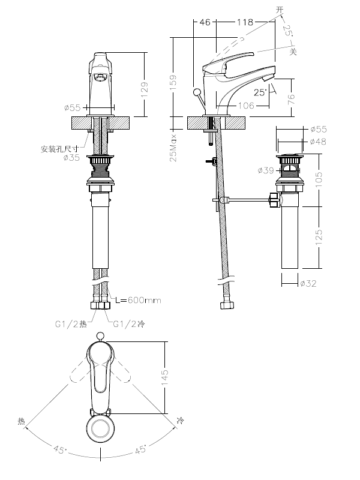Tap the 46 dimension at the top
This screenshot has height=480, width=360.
[x=204, y=22]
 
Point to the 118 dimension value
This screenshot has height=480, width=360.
[x=244, y=22]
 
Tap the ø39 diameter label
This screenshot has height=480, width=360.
[x=266, y=170]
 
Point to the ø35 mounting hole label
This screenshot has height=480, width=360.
[x=73, y=158]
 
